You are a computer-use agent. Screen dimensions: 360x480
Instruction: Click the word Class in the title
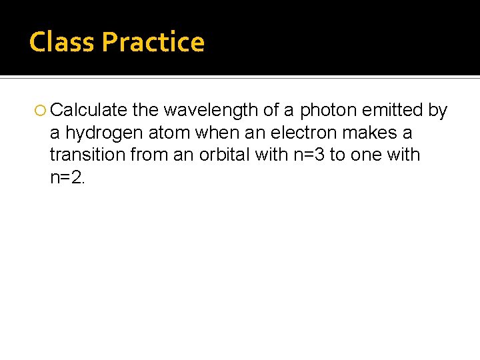point(63,42)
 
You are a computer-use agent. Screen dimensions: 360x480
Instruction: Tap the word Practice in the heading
point(153,42)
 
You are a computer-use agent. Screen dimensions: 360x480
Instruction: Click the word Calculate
point(89,110)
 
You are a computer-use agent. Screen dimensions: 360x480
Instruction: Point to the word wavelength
point(209,110)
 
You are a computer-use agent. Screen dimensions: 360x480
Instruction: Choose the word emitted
point(393,110)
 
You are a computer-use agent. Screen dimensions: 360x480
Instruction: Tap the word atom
point(169,133)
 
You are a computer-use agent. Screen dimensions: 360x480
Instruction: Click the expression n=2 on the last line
point(67,177)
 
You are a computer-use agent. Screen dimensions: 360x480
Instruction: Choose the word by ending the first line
point(437,110)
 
